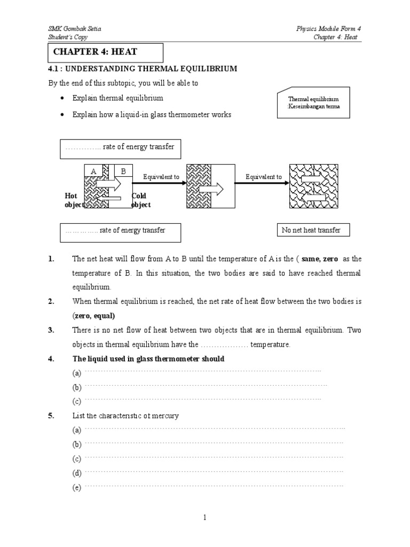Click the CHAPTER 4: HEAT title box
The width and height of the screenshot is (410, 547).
pyautogui.click(x=105, y=52)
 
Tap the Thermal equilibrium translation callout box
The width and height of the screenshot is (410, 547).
pyautogui.click(x=313, y=103)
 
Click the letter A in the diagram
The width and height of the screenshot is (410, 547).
pyautogui.click(x=93, y=171)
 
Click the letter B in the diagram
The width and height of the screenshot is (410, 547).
pyautogui.click(x=123, y=171)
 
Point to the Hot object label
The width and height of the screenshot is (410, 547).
pyautogui.click(x=74, y=200)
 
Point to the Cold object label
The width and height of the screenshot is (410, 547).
pyautogui.click(x=141, y=200)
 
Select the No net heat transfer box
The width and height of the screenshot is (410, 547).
pyautogui.click(x=311, y=230)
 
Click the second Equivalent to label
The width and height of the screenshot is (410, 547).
pyautogui.click(x=263, y=176)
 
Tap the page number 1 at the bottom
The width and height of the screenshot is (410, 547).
pyautogui.click(x=205, y=517)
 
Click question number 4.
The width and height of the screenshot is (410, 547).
pyautogui.click(x=51, y=359)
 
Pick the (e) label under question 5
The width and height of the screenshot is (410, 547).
pyautogui.click(x=77, y=488)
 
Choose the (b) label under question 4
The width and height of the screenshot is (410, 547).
pyautogui.click(x=77, y=387)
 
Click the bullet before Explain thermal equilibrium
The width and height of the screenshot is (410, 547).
pyautogui.click(x=63, y=99)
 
